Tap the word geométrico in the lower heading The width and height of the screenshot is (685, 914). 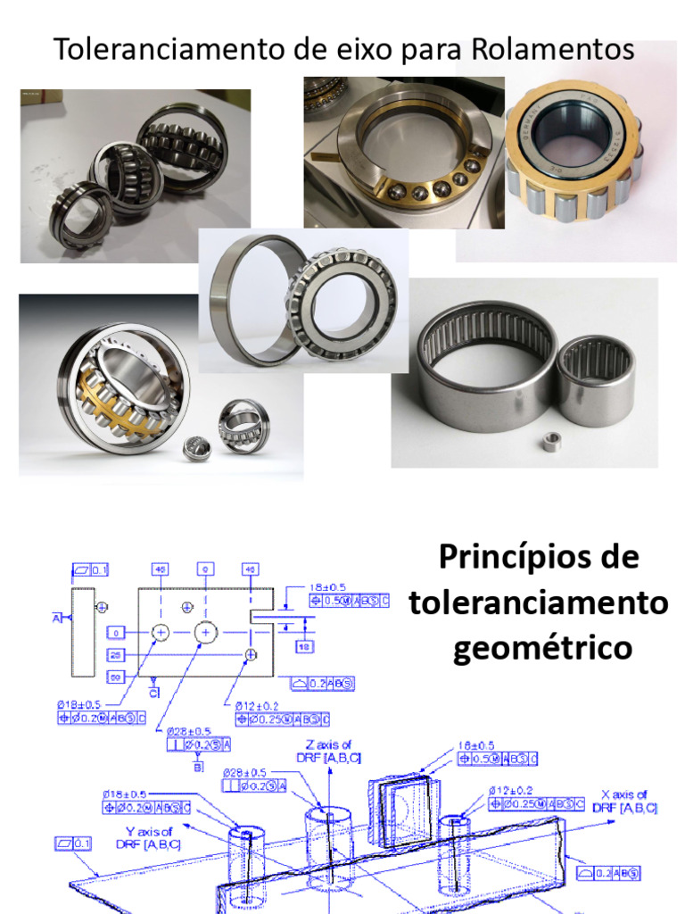pyautogui.click(x=542, y=647)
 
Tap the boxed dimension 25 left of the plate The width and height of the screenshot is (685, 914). pyautogui.click(x=117, y=655)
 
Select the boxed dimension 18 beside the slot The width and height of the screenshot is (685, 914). pyautogui.click(x=302, y=644)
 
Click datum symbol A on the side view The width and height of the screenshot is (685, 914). pyautogui.click(x=56, y=617)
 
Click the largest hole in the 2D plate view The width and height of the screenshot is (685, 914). pyautogui.click(x=206, y=632)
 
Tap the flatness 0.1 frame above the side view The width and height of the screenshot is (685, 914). pyautogui.click(x=89, y=569)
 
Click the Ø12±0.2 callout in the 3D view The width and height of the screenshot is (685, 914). pyautogui.click(x=511, y=790)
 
